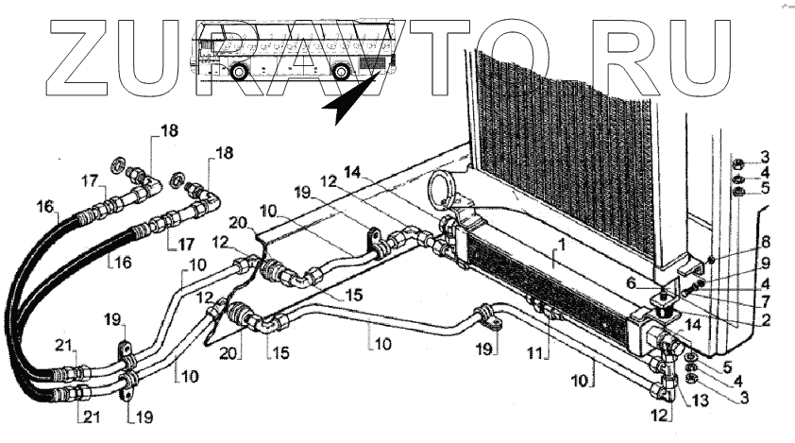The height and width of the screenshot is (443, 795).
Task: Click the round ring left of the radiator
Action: pyautogui.click(x=440, y=191)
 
